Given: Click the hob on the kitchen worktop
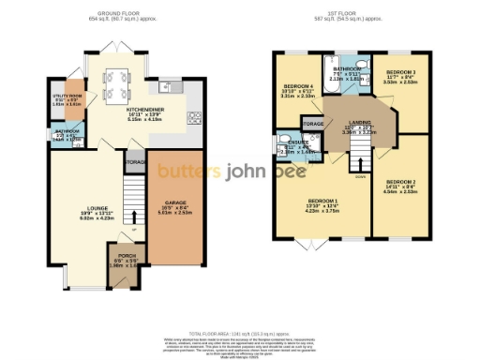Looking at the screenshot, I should tap(195, 118).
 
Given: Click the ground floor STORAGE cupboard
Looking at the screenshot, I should tap(136, 160).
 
